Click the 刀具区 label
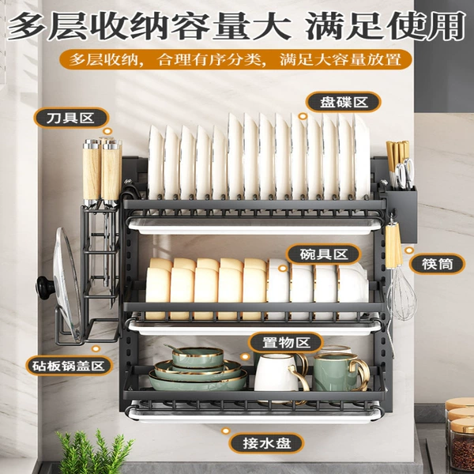coord(71,118)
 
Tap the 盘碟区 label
coord(343,102)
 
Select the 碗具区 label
coord(323,254)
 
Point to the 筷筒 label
coord(437,264)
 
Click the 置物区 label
coord(286,343)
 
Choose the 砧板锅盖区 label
coord(70,366)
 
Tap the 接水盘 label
coord(266,443)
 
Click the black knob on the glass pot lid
coord(45,288)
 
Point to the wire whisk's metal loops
coord(401,294)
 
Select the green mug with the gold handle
coord(340,372)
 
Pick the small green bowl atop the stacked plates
coord(197,357)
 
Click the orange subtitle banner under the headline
coord(235,59)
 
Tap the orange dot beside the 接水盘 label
coord(225,431)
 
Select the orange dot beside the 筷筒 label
coord(409,250)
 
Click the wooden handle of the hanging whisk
coord(393,244)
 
